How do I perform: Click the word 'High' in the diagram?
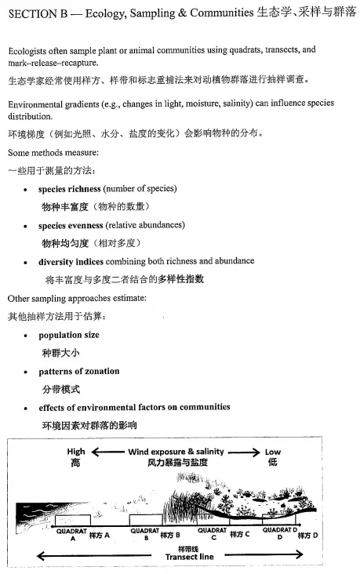(76, 452)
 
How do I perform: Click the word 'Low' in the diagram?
(271, 452)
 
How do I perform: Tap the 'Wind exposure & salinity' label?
(176, 452)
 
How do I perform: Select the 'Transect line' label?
(188, 557)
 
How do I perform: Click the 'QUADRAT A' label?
(71, 534)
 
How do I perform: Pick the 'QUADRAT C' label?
(212, 534)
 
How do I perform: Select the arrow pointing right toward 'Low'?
(244, 452)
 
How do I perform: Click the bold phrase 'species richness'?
(69, 189)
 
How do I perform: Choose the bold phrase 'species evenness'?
(71, 225)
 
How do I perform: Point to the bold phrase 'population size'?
(68, 335)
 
